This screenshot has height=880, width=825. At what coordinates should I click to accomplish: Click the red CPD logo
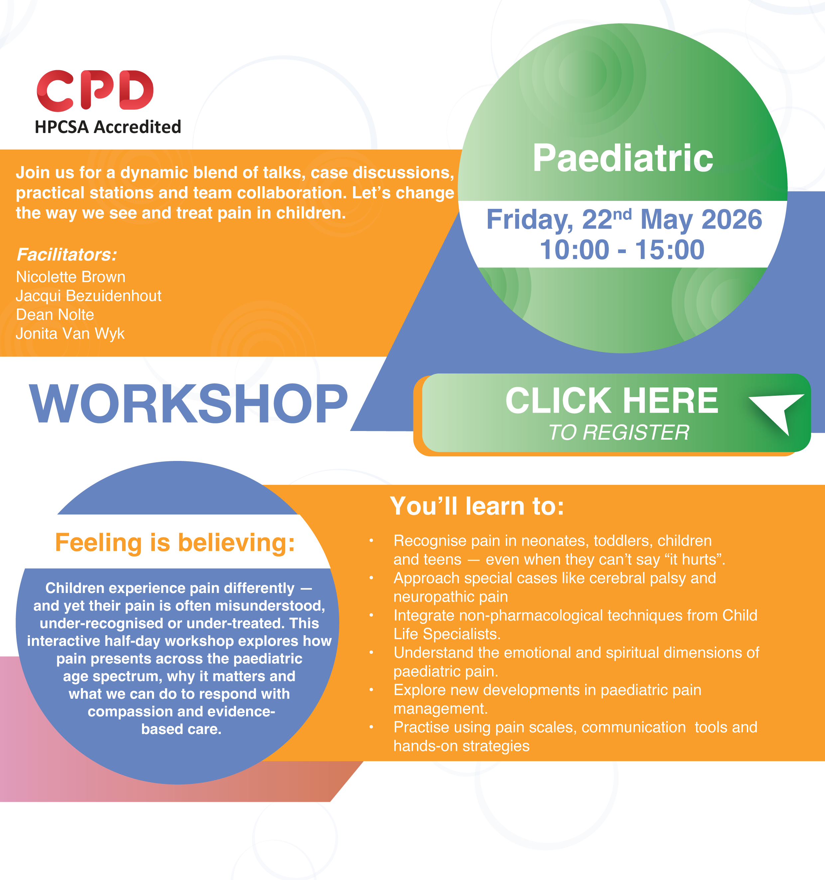(x=95, y=90)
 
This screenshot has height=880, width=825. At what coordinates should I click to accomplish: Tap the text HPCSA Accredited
(x=108, y=127)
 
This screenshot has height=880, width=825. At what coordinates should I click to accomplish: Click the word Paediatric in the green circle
(x=623, y=158)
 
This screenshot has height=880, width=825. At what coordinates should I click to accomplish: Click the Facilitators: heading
(x=67, y=254)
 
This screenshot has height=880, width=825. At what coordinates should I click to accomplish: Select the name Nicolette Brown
(x=71, y=277)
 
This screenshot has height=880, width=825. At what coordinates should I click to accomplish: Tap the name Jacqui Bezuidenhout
(x=88, y=296)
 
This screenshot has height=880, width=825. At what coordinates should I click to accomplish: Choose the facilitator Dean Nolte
(x=55, y=315)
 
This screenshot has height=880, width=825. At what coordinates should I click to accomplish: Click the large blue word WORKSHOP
(x=189, y=403)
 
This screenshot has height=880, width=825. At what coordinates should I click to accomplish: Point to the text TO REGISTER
(x=619, y=432)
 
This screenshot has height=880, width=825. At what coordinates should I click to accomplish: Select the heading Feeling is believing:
(x=175, y=543)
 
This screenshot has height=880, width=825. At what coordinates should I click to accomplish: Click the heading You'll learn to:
(x=477, y=506)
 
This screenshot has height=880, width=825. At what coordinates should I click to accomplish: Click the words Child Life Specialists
(x=575, y=625)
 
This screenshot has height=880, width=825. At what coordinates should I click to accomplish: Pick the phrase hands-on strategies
(x=461, y=746)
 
